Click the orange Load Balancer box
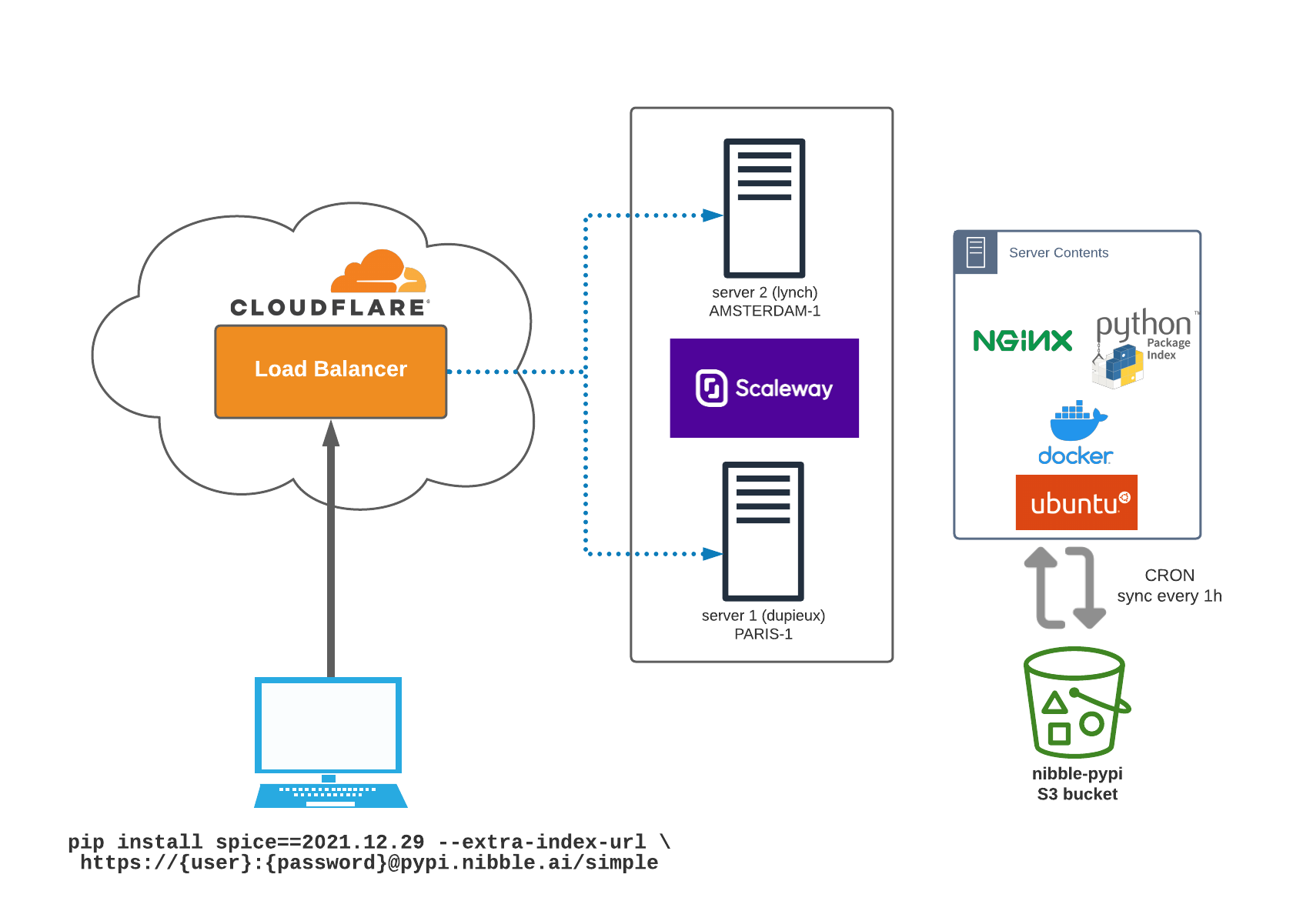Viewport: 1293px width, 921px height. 331,372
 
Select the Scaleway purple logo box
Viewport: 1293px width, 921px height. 764,388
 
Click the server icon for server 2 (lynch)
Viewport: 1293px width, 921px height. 764,208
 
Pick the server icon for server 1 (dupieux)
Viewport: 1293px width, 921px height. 763,531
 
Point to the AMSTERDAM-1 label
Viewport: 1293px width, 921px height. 764,311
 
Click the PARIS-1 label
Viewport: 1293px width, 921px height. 763,634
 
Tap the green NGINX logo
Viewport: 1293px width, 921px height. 1022,341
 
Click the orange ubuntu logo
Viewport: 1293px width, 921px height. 1077,502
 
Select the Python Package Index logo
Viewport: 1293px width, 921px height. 1143,347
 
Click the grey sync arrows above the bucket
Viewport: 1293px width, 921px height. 1065,588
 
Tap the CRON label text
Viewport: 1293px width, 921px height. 1169,576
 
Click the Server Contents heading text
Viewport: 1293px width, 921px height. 1058,253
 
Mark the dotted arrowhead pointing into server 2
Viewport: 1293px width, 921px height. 712,215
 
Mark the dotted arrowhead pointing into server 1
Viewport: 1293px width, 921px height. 712,554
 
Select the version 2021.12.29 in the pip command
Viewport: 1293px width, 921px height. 363,842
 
